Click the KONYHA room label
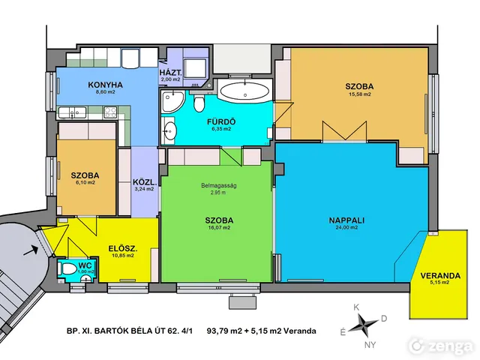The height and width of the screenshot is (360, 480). [105, 85]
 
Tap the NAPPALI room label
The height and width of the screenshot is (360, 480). [346, 220]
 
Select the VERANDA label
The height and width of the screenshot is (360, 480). [440, 275]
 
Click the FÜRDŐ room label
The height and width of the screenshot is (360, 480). [221, 121]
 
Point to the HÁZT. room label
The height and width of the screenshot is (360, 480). [171, 73]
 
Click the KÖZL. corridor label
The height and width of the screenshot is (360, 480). [145, 182]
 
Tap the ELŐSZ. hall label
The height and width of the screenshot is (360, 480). [123, 248]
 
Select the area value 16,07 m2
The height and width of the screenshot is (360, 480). [219, 228]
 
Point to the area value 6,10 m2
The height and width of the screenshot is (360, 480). [85, 183]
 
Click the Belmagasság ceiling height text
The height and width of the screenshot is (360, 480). [218, 185]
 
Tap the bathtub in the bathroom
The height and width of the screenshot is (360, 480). [244, 91]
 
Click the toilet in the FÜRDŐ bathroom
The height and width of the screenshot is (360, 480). [199, 103]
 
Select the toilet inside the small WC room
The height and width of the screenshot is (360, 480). [68, 269]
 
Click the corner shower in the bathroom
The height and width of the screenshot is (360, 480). [172, 101]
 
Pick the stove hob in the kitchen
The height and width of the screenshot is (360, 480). [110, 112]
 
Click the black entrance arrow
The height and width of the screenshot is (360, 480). [31, 250]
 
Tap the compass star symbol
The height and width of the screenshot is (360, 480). [363, 325]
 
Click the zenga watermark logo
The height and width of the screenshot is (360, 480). [440, 346]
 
